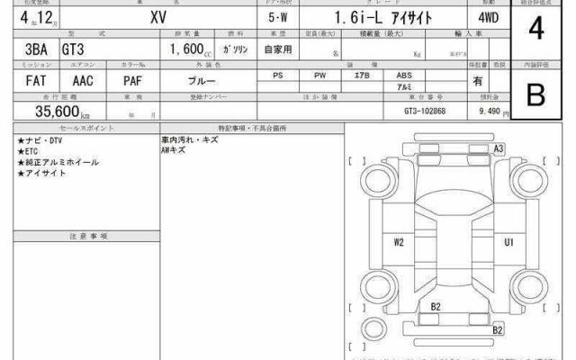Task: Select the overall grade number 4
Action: click(536, 30)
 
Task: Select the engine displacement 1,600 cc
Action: click(186, 51)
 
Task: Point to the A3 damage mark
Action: click(499, 148)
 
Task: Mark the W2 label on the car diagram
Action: click(398, 242)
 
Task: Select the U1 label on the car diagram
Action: click(508, 242)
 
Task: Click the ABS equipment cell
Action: click(404, 76)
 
